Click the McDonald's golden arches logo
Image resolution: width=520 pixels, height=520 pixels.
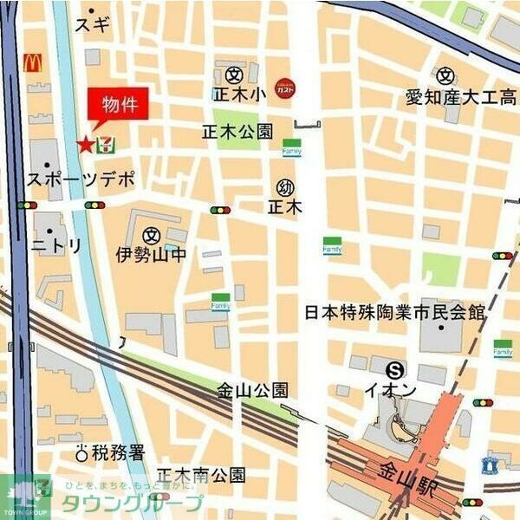pos(33,62)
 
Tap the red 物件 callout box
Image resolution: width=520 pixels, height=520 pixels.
pos(119,106)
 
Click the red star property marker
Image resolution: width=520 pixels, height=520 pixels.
pos(86,145)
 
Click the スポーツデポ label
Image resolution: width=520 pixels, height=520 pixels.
pos(82,180)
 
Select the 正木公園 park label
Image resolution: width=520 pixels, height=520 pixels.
pos(237,132)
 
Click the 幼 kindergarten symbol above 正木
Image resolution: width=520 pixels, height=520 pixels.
pos(284,186)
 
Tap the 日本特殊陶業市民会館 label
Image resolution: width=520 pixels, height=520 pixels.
pos(393,312)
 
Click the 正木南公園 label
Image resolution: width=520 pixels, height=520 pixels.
pos(207,475)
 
